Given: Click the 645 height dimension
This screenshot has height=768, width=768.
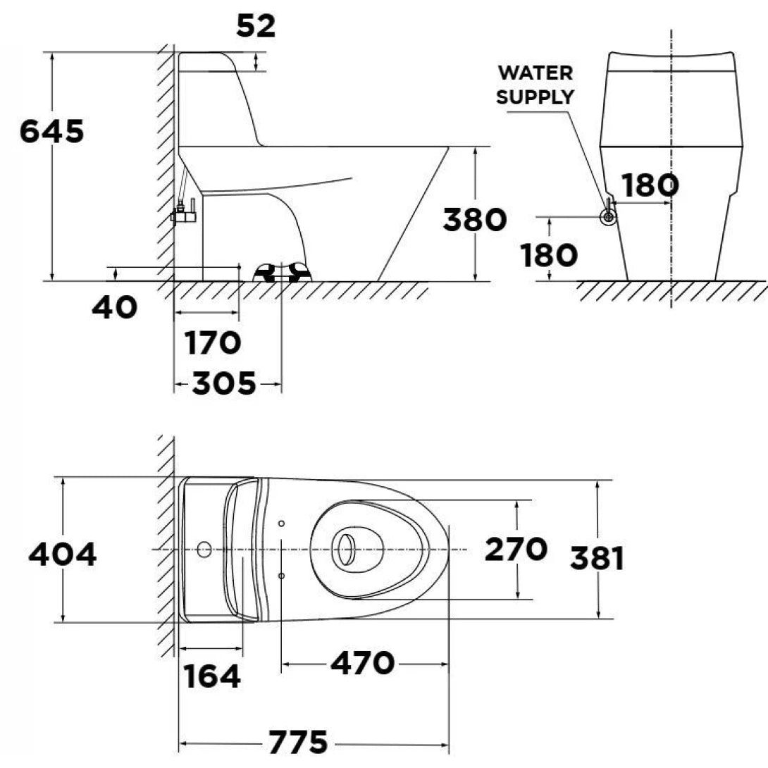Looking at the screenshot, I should pyautogui.click(x=51, y=132).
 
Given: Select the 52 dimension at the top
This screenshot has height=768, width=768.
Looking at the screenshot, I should pyautogui.click(x=256, y=26).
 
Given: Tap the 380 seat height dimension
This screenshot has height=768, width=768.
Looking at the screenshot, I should pyautogui.click(x=475, y=220).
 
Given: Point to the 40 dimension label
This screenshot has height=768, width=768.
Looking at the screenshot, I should pyautogui.click(x=114, y=307).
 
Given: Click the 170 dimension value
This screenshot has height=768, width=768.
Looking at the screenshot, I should pyautogui.click(x=213, y=344).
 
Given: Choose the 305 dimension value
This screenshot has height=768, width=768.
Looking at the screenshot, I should pyautogui.click(x=224, y=385).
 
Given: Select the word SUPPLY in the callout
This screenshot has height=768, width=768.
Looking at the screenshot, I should pyautogui.click(x=535, y=97).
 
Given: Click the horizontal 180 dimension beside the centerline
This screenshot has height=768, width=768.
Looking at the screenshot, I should pyautogui.click(x=650, y=185).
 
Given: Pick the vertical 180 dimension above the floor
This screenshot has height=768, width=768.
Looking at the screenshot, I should pyautogui.click(x=549, y=256).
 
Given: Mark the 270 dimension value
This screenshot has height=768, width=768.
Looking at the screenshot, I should pyautogui.click(x=516, y=550).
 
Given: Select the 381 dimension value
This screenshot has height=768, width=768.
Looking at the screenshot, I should pyautogui.click(x=597, y=559).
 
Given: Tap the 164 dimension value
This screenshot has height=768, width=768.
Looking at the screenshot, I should pyautogui.click(x=212, y=677).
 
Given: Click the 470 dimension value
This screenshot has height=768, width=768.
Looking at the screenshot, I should pyautogui.click(x=363, y=663).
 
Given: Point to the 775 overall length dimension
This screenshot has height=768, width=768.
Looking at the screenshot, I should pyautogui.click(x=298, y=742).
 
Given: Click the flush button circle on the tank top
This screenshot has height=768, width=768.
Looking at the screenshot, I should pyautogui.click(x=204, y=549).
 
